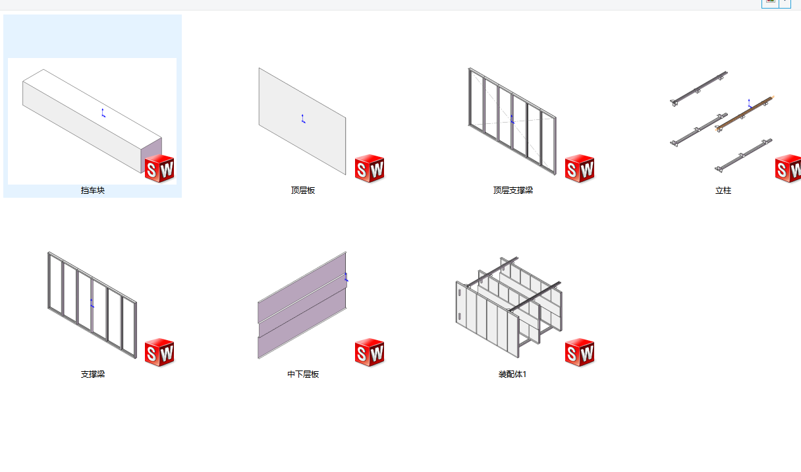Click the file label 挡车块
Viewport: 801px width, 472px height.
[93, 191]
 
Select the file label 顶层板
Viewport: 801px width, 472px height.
[303, 191]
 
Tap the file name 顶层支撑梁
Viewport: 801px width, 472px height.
[513, 191]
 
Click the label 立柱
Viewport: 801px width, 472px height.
[723, 191]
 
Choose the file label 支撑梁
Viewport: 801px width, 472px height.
[93, 374]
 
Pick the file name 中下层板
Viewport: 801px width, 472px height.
[303, 374]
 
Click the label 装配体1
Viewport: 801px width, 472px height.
[512, 374]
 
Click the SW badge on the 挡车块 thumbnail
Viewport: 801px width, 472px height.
[159, 169]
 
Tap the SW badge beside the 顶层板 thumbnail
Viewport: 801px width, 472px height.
[370, 169]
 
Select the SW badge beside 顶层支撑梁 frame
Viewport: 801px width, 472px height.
[580, 169]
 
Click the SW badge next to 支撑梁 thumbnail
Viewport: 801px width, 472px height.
[159, 353]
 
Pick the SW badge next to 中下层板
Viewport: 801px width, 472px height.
[370, 353]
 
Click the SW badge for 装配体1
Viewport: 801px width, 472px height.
[580, 353]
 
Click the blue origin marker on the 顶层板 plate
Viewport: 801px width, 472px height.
[303, 119]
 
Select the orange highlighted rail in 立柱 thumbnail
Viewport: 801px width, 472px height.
[744, 113]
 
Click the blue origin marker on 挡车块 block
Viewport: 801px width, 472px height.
[103, 113]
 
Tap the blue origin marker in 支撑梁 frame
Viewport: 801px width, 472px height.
[92, 303]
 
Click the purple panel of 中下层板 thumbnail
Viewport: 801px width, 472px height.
[302, 305]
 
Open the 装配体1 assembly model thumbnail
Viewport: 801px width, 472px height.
[509, 307]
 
